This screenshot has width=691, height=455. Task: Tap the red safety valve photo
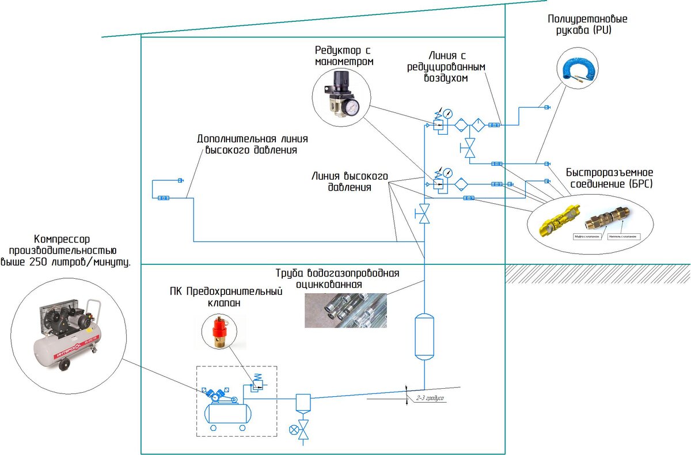tap(219, 331)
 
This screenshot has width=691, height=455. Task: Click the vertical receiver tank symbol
tap(424, 336)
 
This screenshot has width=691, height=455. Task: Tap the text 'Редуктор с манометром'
tap(343, 55)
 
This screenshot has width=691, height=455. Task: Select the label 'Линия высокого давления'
tap(350, 181)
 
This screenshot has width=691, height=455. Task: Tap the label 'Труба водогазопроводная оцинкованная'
tap(337, 278)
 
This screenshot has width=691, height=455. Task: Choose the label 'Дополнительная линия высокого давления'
tap(252, 145)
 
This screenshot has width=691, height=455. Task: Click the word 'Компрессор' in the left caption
tap(62, 239)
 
